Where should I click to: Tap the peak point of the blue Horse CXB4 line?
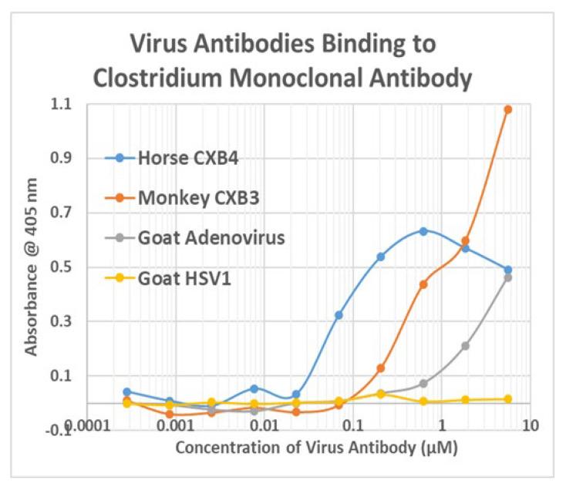tap(423, 231)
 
